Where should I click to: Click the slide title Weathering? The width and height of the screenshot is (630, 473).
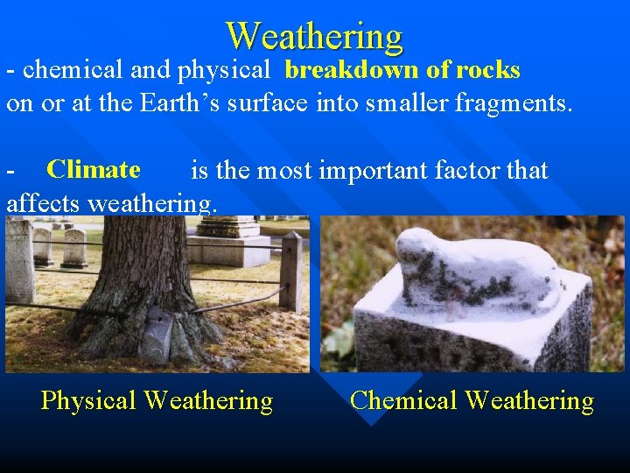click(314, 36)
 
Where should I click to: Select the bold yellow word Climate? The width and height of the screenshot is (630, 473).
click(94, 169)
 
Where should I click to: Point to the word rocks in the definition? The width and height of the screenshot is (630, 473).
click(487, 70)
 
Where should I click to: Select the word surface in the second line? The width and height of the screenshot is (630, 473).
click(267, 104)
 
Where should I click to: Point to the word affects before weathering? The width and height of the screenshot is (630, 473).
click(45, 203)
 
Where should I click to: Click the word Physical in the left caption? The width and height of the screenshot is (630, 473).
click(88, 401)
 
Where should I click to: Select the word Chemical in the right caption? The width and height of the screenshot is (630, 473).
click(403, 401)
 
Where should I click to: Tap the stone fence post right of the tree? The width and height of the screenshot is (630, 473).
click(291, 272)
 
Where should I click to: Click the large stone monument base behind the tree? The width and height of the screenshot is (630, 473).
click(228, 244)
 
